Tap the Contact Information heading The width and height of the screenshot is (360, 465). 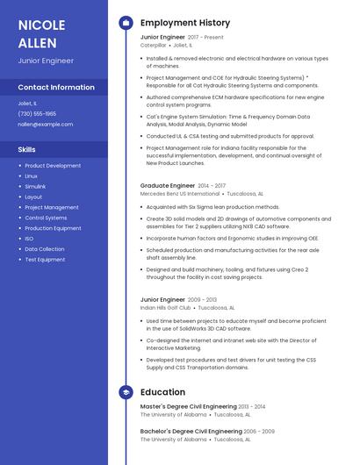56,88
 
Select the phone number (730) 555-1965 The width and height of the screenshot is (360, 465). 37,114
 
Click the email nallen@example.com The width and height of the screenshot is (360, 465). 46,125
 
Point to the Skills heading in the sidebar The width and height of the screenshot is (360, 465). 27,150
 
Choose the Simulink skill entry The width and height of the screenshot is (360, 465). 35,187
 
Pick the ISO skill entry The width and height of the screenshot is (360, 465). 29,239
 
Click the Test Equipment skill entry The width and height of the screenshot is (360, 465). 45,260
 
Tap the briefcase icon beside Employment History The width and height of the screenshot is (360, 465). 126,23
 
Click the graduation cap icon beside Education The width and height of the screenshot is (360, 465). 126,392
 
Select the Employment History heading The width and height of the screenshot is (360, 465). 185,23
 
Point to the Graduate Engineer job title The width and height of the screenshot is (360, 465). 168,186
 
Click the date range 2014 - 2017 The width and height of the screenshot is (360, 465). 212,186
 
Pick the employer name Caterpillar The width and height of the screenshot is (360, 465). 154,45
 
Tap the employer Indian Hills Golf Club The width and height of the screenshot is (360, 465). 166,308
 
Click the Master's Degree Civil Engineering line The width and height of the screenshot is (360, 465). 189,407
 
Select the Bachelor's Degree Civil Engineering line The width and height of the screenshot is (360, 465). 191,432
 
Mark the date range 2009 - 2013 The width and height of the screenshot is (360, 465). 203,300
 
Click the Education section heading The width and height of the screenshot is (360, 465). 162,392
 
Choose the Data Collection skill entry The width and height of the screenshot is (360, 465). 45,249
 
